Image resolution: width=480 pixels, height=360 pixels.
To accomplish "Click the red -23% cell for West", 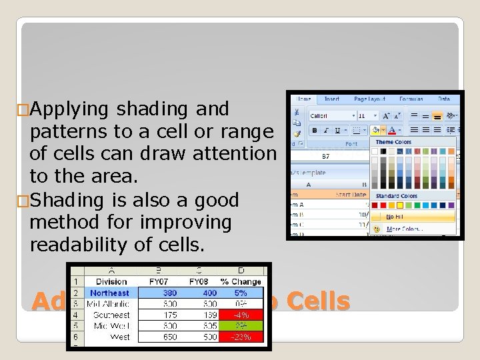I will (241, 337).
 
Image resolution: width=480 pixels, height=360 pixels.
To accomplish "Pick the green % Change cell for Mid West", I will (241, 326).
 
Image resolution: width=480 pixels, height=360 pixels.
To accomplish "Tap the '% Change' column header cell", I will (241, 282).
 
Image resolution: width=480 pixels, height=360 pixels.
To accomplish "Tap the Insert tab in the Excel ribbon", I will (331, 99).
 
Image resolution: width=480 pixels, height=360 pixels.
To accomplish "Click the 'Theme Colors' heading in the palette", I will (394, 142).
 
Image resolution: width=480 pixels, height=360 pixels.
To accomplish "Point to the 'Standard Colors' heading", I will (397, 196).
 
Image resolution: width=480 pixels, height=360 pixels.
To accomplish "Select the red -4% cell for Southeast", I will (241, 315).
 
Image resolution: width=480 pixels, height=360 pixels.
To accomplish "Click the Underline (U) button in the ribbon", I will (337, 131).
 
